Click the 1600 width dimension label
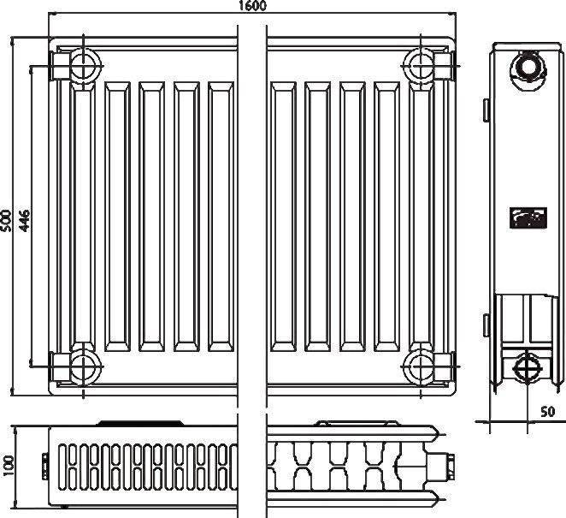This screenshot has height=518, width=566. (x=253, y=5)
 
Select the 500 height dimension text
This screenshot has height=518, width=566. (x=6, y=220)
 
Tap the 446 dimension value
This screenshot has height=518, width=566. (x=24, y=220)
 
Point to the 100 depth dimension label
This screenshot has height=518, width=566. (x=8, y=465)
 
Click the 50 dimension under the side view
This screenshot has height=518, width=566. (x=547, y=411)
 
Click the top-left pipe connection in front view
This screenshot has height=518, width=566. (x=84, y=66)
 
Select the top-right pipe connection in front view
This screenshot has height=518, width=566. (x=421, y=66)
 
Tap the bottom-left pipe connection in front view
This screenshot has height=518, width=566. (x=84, y=366)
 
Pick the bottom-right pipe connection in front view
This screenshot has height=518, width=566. (x=421, y=366)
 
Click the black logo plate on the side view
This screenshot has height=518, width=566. (x=528, y=218)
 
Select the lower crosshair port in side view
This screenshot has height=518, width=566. (x=528, y=368)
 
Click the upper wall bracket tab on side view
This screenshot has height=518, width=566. (x=486, y=110)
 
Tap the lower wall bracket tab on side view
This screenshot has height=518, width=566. (x=486, y=325)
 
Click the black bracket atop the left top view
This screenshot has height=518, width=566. (x=140, y=423)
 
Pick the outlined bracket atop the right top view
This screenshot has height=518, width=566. (x=357, y=423)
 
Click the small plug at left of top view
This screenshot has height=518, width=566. (x=45, y=466)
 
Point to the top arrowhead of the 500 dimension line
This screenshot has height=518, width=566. (x=12, y=40)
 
